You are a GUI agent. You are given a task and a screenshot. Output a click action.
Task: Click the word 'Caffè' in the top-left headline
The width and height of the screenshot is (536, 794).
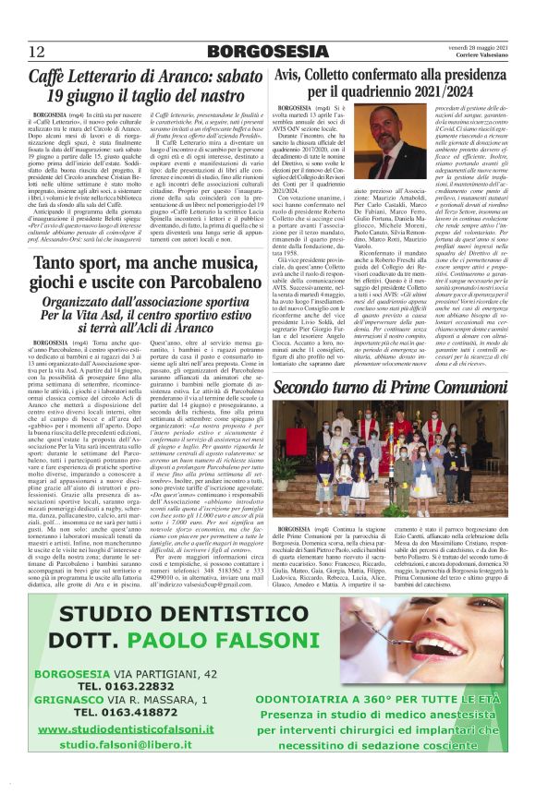click(51, 79)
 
